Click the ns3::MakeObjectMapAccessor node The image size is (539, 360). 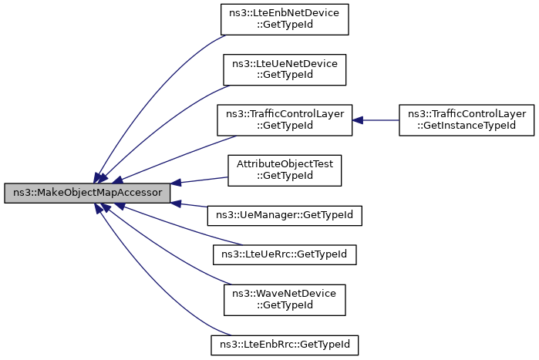tap(86, 193)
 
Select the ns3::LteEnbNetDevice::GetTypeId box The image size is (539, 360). tap(285, 19)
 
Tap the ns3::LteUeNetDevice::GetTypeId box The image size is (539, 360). tap(285, 69)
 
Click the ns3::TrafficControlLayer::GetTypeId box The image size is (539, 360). tap(285, 119)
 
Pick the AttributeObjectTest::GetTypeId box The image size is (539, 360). tap(285, 169)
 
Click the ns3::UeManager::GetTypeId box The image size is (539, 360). tap(285, 214)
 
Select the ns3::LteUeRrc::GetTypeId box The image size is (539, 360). tap(285, 253)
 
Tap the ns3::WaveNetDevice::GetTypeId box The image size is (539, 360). tap(285, 298)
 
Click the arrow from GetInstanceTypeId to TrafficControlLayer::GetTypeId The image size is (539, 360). tap(378, 119)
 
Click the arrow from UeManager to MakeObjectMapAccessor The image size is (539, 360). tap(193, 205)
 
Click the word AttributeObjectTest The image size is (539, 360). tap(285, 163)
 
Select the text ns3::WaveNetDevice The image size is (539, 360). tap(285, 293)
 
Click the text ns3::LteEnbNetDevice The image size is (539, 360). tap(285, 13)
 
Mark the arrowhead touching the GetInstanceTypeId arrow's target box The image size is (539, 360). tap(359, 119)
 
